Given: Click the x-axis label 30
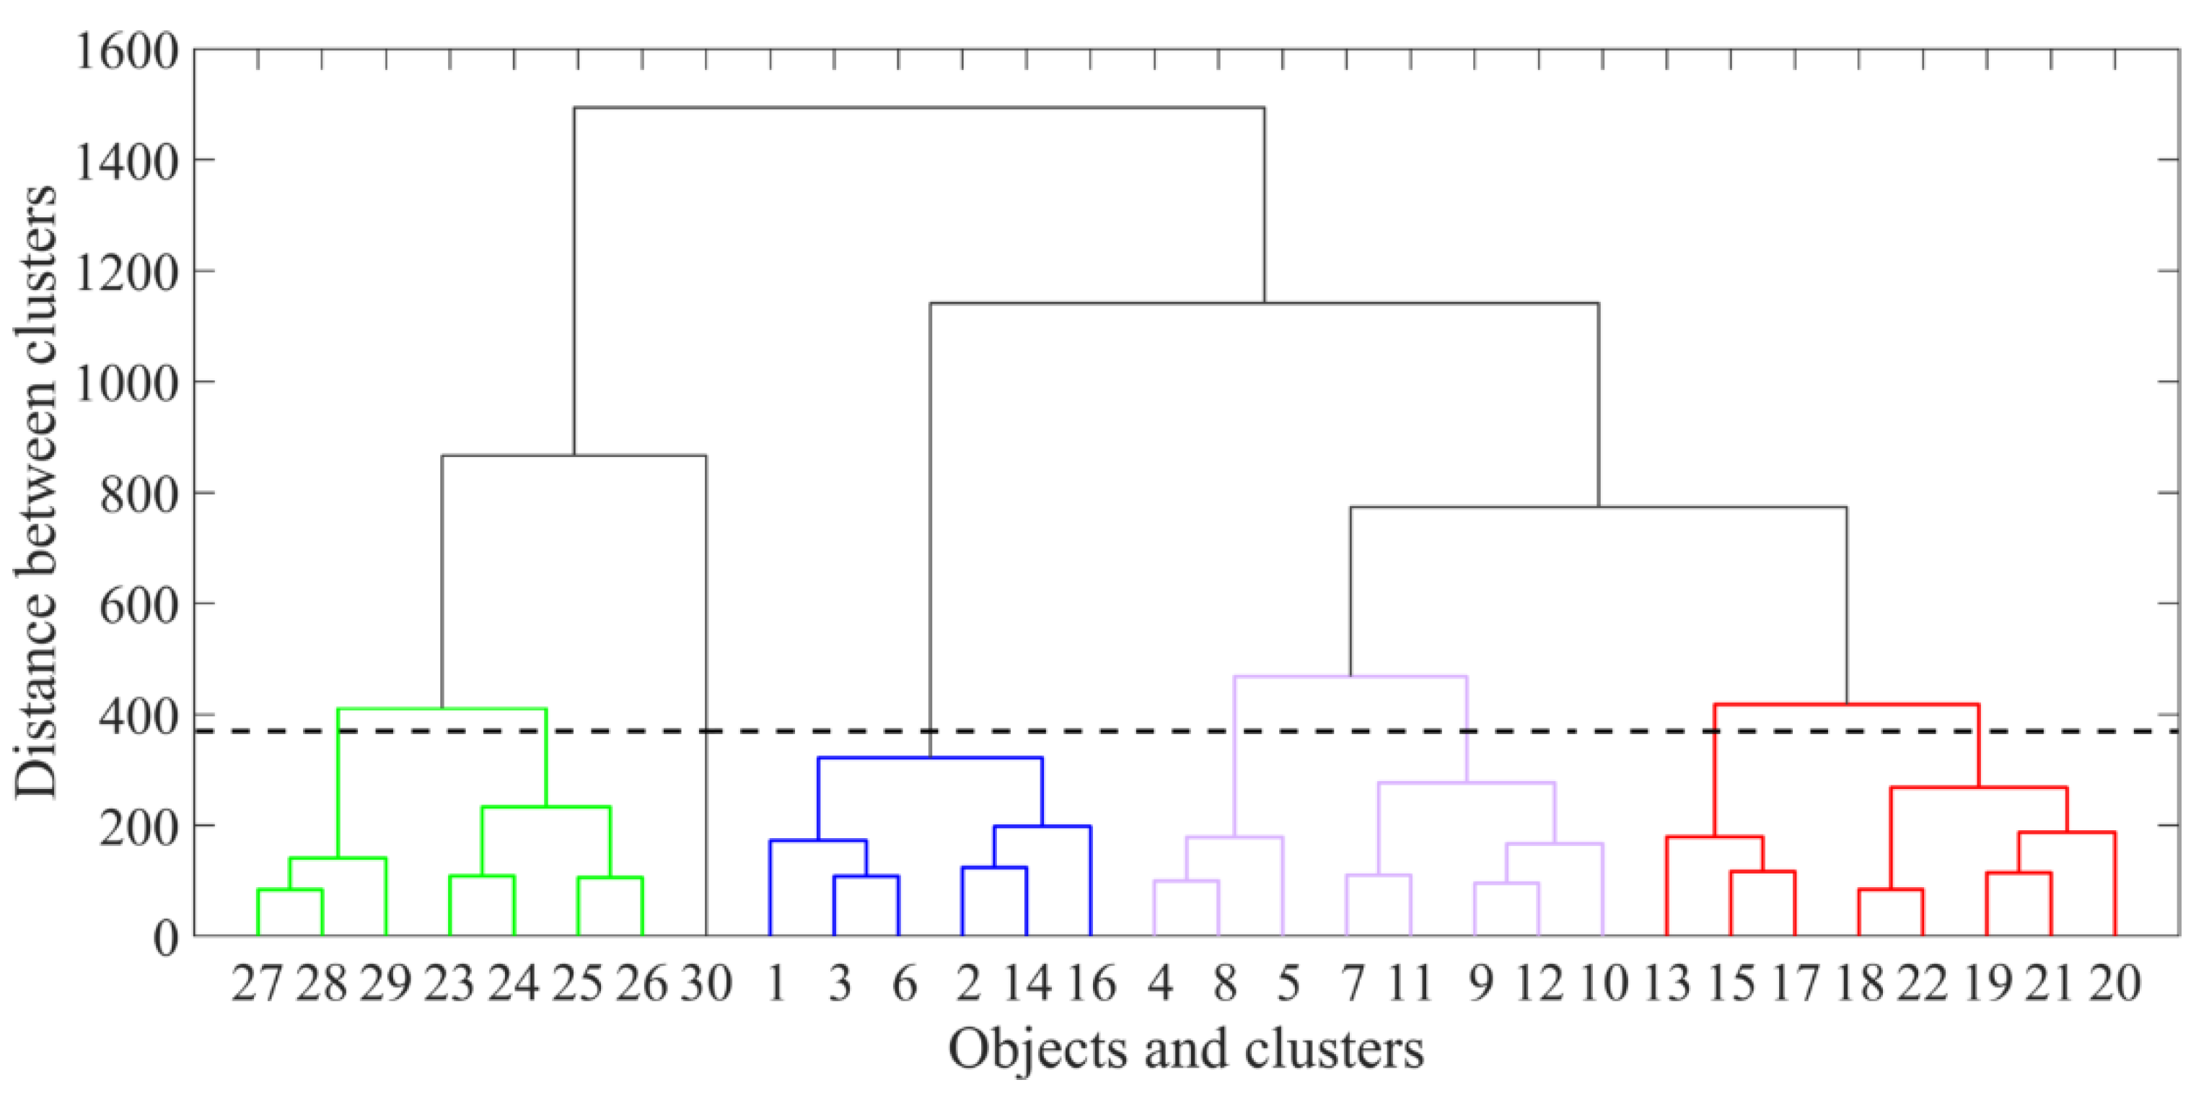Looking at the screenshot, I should pos(706,983).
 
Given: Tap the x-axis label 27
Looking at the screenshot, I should pos(256,983).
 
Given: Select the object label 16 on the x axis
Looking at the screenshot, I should pos(1091,983).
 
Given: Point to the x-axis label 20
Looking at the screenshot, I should pos(2114,983).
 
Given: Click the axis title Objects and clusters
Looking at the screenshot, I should pos(1186,1049).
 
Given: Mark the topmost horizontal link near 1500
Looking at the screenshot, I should pos(919,108).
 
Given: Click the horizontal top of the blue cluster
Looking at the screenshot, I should pos(931,758).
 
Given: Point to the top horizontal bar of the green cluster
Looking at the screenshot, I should pos(442,710).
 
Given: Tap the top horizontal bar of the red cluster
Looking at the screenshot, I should pos(1846,705).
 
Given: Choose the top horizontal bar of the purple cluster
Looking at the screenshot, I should pos(1350,677).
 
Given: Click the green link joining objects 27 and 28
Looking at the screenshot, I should pos(290,890).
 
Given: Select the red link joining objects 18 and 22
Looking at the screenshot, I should pos(1891,889).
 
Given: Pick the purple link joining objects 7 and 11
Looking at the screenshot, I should pos(1378,876).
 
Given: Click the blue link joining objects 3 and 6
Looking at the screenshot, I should pos(866,876).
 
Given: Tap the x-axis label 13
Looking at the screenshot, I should pos(1666,983).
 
